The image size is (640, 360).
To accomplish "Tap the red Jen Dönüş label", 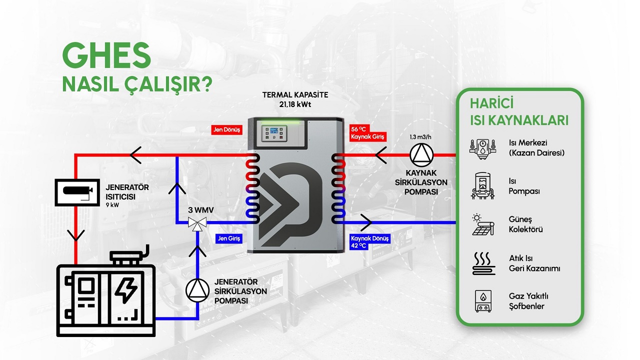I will pos(227,130).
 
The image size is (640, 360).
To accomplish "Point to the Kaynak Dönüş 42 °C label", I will pos(369,242).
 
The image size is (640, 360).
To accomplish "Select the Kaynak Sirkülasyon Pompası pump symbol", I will pos(420,155).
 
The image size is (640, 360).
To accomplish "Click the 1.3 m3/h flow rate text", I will pos(419,136).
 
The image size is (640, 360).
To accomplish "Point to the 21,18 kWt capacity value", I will pos(295,104).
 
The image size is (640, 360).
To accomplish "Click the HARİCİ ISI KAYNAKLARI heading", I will pos(519,112).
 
